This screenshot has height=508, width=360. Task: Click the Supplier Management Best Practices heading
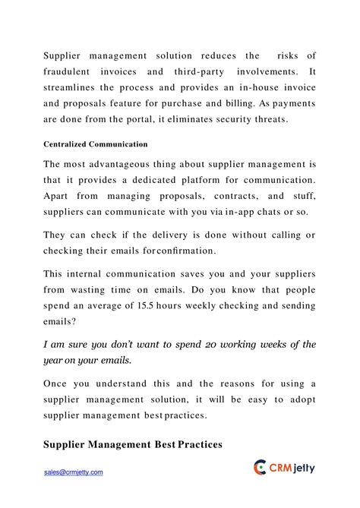pyautogui.click(x=133, y=444)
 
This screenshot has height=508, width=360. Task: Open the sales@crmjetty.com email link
pyautogui.click(x=73, y=472)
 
